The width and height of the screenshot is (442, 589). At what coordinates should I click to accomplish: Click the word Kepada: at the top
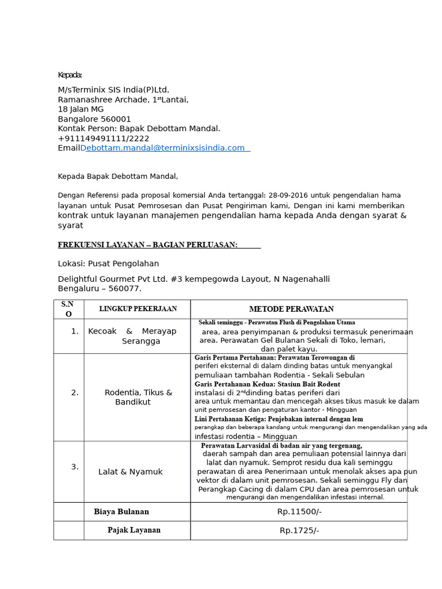click(x=70, y=75)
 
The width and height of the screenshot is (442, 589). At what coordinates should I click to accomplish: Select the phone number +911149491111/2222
click(x=104, y=138)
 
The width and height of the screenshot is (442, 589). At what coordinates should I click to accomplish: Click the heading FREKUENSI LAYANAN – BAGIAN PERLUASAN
click(x=147, y=245)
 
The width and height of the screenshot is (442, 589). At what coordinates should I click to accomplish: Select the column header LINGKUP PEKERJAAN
click(x=138, y=309)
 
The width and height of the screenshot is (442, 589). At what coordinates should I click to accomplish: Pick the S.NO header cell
click(x=68, y=309)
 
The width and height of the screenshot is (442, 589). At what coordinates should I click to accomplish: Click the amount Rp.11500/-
click(x=299, y=511)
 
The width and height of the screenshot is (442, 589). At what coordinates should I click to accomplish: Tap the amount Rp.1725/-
click(x=299, y=530)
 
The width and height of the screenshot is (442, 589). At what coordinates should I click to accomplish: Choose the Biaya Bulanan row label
click(x=121, y=511)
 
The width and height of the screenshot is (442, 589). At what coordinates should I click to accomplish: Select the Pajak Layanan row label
click(x=134, y=530)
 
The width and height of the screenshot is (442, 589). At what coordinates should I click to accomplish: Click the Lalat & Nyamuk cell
click(x=131, y=472)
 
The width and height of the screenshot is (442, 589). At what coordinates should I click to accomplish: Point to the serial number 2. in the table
click(x=75, y=392)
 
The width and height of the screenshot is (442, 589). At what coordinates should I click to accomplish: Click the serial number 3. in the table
click(x=75, y=466)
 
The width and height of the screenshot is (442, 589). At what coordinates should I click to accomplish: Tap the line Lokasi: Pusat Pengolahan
click(x=108, y=263)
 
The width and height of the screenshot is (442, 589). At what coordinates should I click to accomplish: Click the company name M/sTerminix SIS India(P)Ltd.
click(x=113, y=90)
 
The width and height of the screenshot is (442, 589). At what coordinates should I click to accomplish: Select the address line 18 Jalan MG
click(x=81, y=109)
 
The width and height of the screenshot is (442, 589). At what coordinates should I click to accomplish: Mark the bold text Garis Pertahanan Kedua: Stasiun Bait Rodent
click(x=267, y=384)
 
